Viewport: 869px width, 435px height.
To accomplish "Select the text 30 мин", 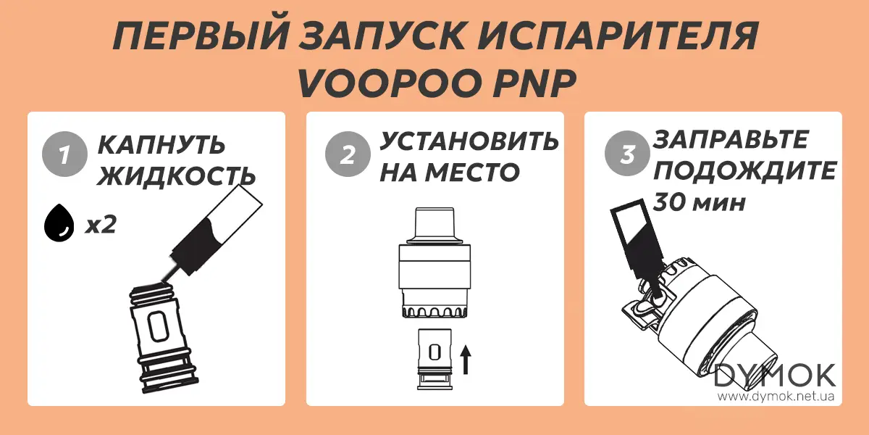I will [x=699, y=202].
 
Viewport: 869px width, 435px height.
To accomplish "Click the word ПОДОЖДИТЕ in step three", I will [x=745, y=171].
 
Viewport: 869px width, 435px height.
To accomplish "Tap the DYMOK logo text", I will [x=775, y=376].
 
